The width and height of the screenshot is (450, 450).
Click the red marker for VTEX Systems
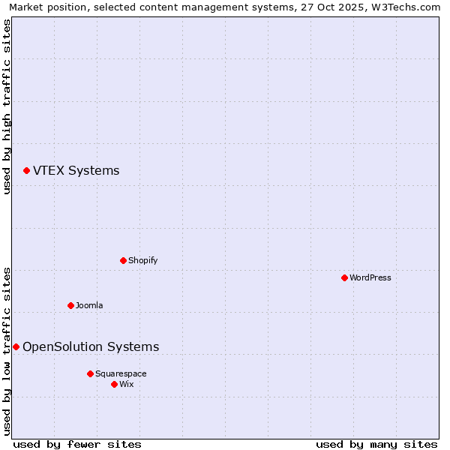[26, 171]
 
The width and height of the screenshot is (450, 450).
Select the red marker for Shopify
[123, 260]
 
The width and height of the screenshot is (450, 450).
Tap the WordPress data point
[344, 277]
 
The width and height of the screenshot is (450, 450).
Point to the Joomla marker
[70, 305]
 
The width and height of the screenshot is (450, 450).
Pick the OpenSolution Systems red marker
[16, 346]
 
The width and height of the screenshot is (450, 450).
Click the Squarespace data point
[90, 373]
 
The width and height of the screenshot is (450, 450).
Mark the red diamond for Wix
[114, 384]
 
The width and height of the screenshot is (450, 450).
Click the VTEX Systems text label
[76, 171]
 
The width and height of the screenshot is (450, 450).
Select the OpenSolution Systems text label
[91, 346]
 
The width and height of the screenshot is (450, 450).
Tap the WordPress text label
[370, 277]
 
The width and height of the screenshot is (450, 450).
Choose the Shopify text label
[142, 260]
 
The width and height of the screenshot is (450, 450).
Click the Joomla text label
[89, 305]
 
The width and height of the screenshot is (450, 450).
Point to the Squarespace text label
[121, 373]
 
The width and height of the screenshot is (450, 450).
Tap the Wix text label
[126, 384]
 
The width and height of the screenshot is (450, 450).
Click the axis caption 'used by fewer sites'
[77, 444]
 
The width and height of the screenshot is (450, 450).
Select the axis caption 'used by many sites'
[376, 444]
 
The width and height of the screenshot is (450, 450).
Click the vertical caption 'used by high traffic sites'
[7, 106]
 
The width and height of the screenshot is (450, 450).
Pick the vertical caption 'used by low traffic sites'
[7, 351]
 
